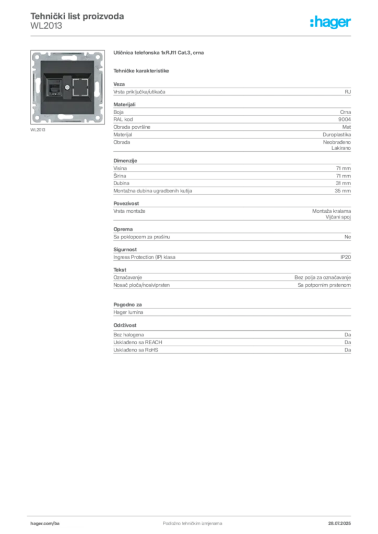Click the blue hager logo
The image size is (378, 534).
[x=331, y=23]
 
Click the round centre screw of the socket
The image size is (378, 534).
[x=67, y=84]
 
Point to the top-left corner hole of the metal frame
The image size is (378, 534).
[x=37, y=55]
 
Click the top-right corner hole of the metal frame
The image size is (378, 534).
[x=98, y=55]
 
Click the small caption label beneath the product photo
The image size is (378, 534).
[x=37, y=130]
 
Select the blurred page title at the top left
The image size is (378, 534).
[x=77, y=17]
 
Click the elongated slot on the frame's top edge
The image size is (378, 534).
[x=67, y=54]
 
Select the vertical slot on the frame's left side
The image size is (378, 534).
[x=36, y=86]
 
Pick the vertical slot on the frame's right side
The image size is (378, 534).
[x=99, y=86]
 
